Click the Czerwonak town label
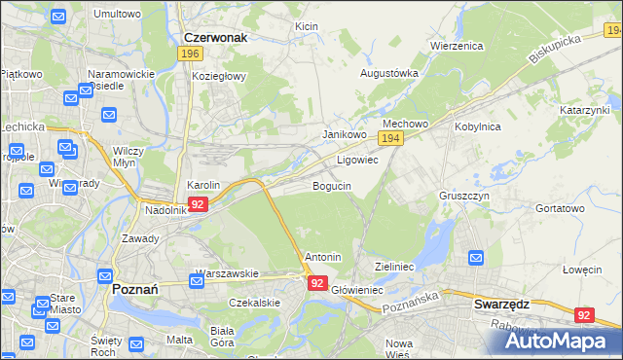point(216,37)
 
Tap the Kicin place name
point(307,25)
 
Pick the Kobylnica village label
point(477,126)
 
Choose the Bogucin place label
point(332,185)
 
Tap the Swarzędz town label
point(501,304)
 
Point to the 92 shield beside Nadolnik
point(198,204)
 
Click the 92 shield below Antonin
point(317,282)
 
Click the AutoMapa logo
point(559,340)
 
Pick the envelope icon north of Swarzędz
point(476,258)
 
